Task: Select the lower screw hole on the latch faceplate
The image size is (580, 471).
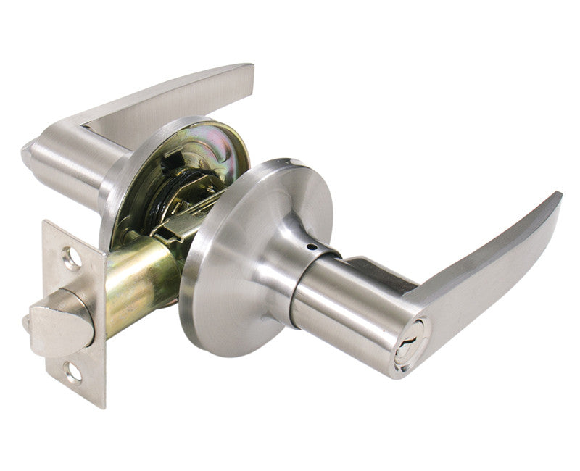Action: click(73, 372)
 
